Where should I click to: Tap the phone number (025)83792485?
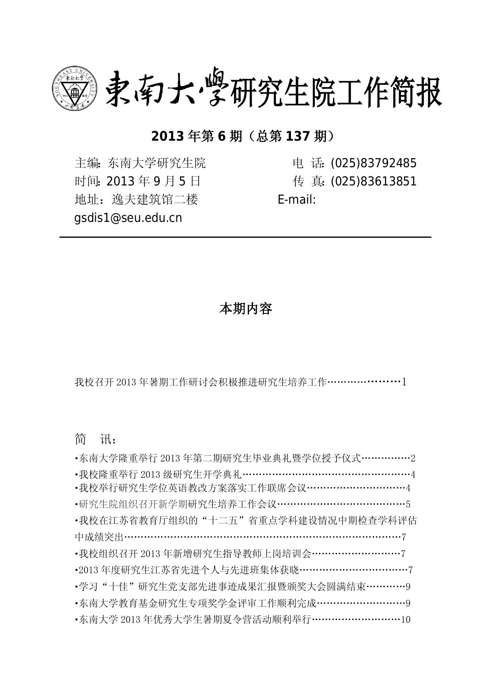pos(373,163)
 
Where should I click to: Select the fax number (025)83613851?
pos(373,181)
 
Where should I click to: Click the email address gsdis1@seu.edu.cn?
pos(128,218)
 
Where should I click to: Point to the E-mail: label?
pos(297,199)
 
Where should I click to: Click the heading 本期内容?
pos(246,309)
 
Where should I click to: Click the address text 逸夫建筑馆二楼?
pos(155,199)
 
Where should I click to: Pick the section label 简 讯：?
pos(96,439)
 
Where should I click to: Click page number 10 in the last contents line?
pos(406,619)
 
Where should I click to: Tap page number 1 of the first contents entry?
pos(404,382)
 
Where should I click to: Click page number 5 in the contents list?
pos(408,504)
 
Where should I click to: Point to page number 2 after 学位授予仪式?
pos(413,458)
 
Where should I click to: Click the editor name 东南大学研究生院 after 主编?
pos(157,163)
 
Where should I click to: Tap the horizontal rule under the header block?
pos(245,237)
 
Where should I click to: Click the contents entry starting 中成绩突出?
pos(99,537)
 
